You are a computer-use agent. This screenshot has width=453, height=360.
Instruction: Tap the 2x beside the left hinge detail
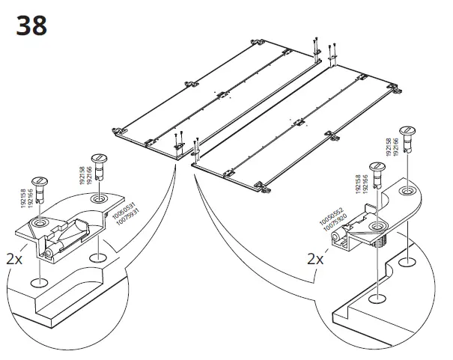(14, 260)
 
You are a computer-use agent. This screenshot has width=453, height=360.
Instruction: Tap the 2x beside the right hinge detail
(315, 260)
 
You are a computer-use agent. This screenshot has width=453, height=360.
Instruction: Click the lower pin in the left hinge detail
(40, 190)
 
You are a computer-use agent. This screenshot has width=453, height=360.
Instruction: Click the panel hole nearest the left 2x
(38, 283)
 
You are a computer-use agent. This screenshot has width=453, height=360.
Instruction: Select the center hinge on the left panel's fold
(221, 95)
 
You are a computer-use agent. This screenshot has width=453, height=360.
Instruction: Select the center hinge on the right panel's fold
(299, 122)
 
